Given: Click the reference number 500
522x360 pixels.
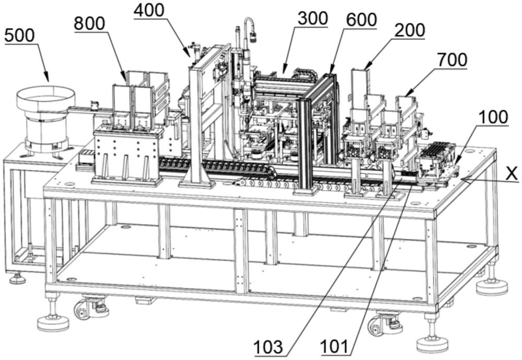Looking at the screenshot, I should click(x=20, y=36).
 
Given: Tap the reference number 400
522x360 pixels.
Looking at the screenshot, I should click(x=148, y=10).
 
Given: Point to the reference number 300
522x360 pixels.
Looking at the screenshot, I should click(x=313, y=18).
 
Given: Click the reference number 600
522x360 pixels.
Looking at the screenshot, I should click(x=361, y=20).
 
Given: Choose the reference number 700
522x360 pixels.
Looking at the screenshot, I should click(x=452, y=61).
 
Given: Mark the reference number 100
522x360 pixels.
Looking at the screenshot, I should click(x=494, y=117).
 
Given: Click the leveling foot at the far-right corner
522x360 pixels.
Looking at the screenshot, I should click(x=491, y=285).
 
